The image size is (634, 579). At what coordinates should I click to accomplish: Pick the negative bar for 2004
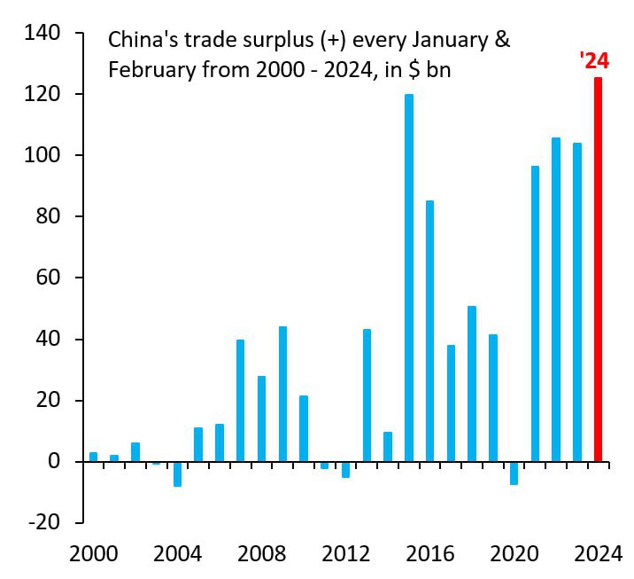pyautogui.click(x=177, y=473)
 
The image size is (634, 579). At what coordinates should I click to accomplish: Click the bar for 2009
pyautogui.click(x=282, y=394)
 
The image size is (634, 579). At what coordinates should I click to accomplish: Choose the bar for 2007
pyautogui.click(x=241, y=400)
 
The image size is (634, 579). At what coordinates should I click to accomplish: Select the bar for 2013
pyautogui.click(x=367, y=395)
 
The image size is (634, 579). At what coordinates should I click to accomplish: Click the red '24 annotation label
pyautogui.click(x=593, y=61)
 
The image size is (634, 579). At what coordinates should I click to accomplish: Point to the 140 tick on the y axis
pyautogui.click(x=44, y=33)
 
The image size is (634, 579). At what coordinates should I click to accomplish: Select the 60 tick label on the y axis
pyautogui.click(x=50, y=278)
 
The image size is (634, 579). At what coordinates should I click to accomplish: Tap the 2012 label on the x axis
pyautogui.click(x=345, y=555)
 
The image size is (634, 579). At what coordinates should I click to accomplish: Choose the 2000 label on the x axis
pyautogui.click(x=93, y=555)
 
